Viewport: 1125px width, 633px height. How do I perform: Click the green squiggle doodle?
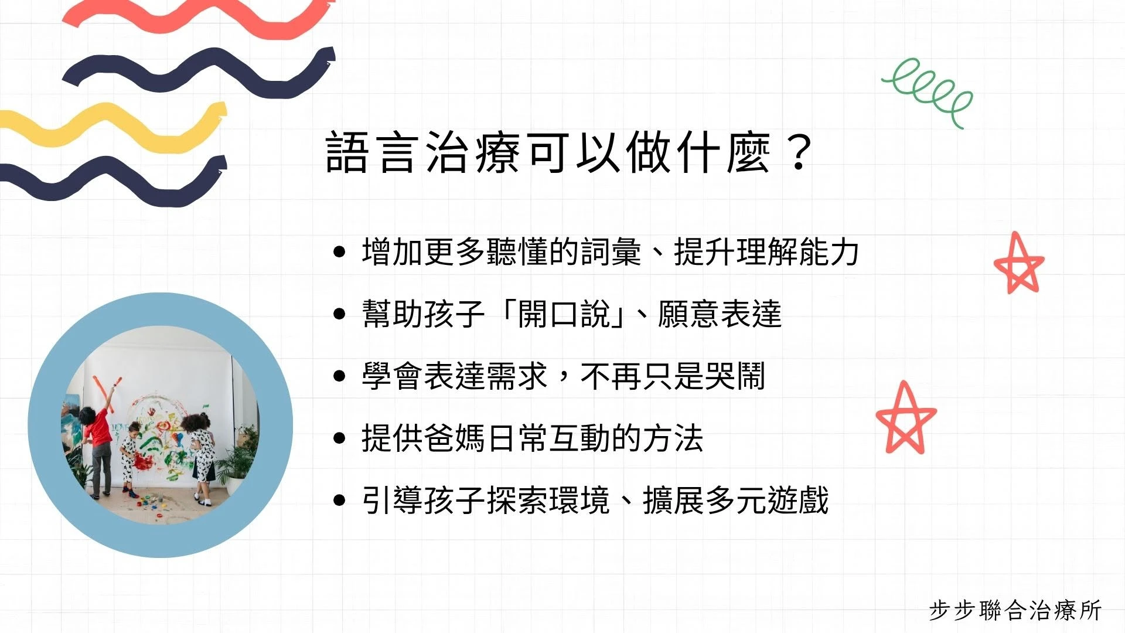click(928, 91)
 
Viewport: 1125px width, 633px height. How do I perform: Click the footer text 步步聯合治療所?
click(1015, 610)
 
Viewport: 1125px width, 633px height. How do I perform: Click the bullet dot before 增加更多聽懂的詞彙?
click(339, 252)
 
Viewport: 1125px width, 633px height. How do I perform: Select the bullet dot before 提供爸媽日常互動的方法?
click(339, 438)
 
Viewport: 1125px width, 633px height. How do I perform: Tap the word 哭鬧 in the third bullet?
click(735, 376)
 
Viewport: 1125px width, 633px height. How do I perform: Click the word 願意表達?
click(720, 314)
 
